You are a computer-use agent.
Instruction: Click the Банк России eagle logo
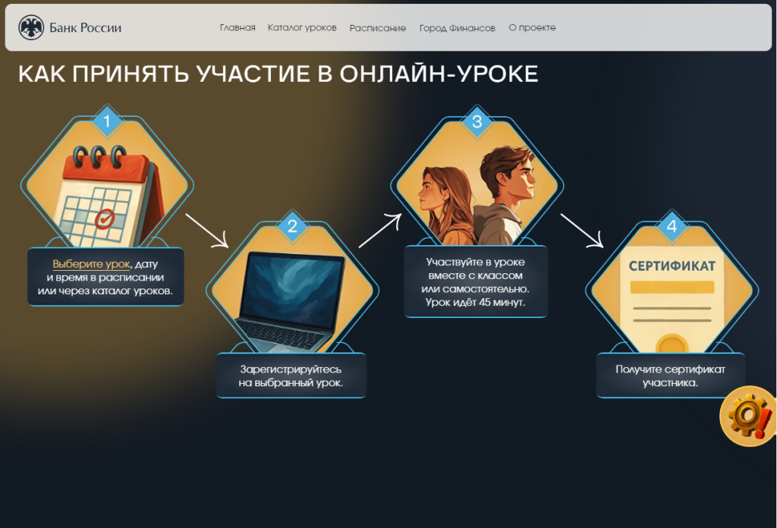click(30, 27)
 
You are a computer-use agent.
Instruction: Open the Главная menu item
click(238, 28)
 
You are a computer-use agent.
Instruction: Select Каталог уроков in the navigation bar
click(302, 28)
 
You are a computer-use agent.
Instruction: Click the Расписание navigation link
click(378, 28)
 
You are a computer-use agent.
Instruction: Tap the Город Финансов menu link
click(458, 28)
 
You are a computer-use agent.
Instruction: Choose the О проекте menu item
click(532, 28)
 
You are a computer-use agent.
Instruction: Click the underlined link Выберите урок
click(91, 264)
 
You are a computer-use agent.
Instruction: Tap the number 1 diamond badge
click(106, 121)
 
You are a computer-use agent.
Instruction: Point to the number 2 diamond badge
click(292, 226)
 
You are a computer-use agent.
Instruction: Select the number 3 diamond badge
click(477, 121)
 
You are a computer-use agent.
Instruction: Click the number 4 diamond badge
click(672, 226)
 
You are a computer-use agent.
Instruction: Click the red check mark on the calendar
click(105, 218)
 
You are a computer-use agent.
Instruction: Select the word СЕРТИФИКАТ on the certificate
click(672, 266)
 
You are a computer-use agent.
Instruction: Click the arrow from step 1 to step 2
click(207, 231)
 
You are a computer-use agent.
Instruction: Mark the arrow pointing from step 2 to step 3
click(380, 231)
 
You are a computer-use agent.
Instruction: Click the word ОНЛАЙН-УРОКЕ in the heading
click(439, 74)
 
